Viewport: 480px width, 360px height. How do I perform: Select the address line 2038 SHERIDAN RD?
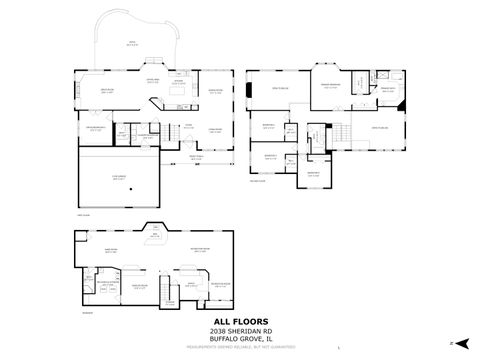[239, 331]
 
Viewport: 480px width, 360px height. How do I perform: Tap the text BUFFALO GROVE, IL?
[239, 339]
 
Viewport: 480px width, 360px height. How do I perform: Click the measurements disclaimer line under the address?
[239, 346]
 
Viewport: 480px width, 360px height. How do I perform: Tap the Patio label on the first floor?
[130, 42]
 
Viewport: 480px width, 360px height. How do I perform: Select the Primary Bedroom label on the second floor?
[331, 85]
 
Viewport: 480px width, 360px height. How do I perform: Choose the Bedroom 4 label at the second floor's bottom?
[313, 172]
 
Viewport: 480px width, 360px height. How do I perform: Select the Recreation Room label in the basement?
[199, 249]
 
